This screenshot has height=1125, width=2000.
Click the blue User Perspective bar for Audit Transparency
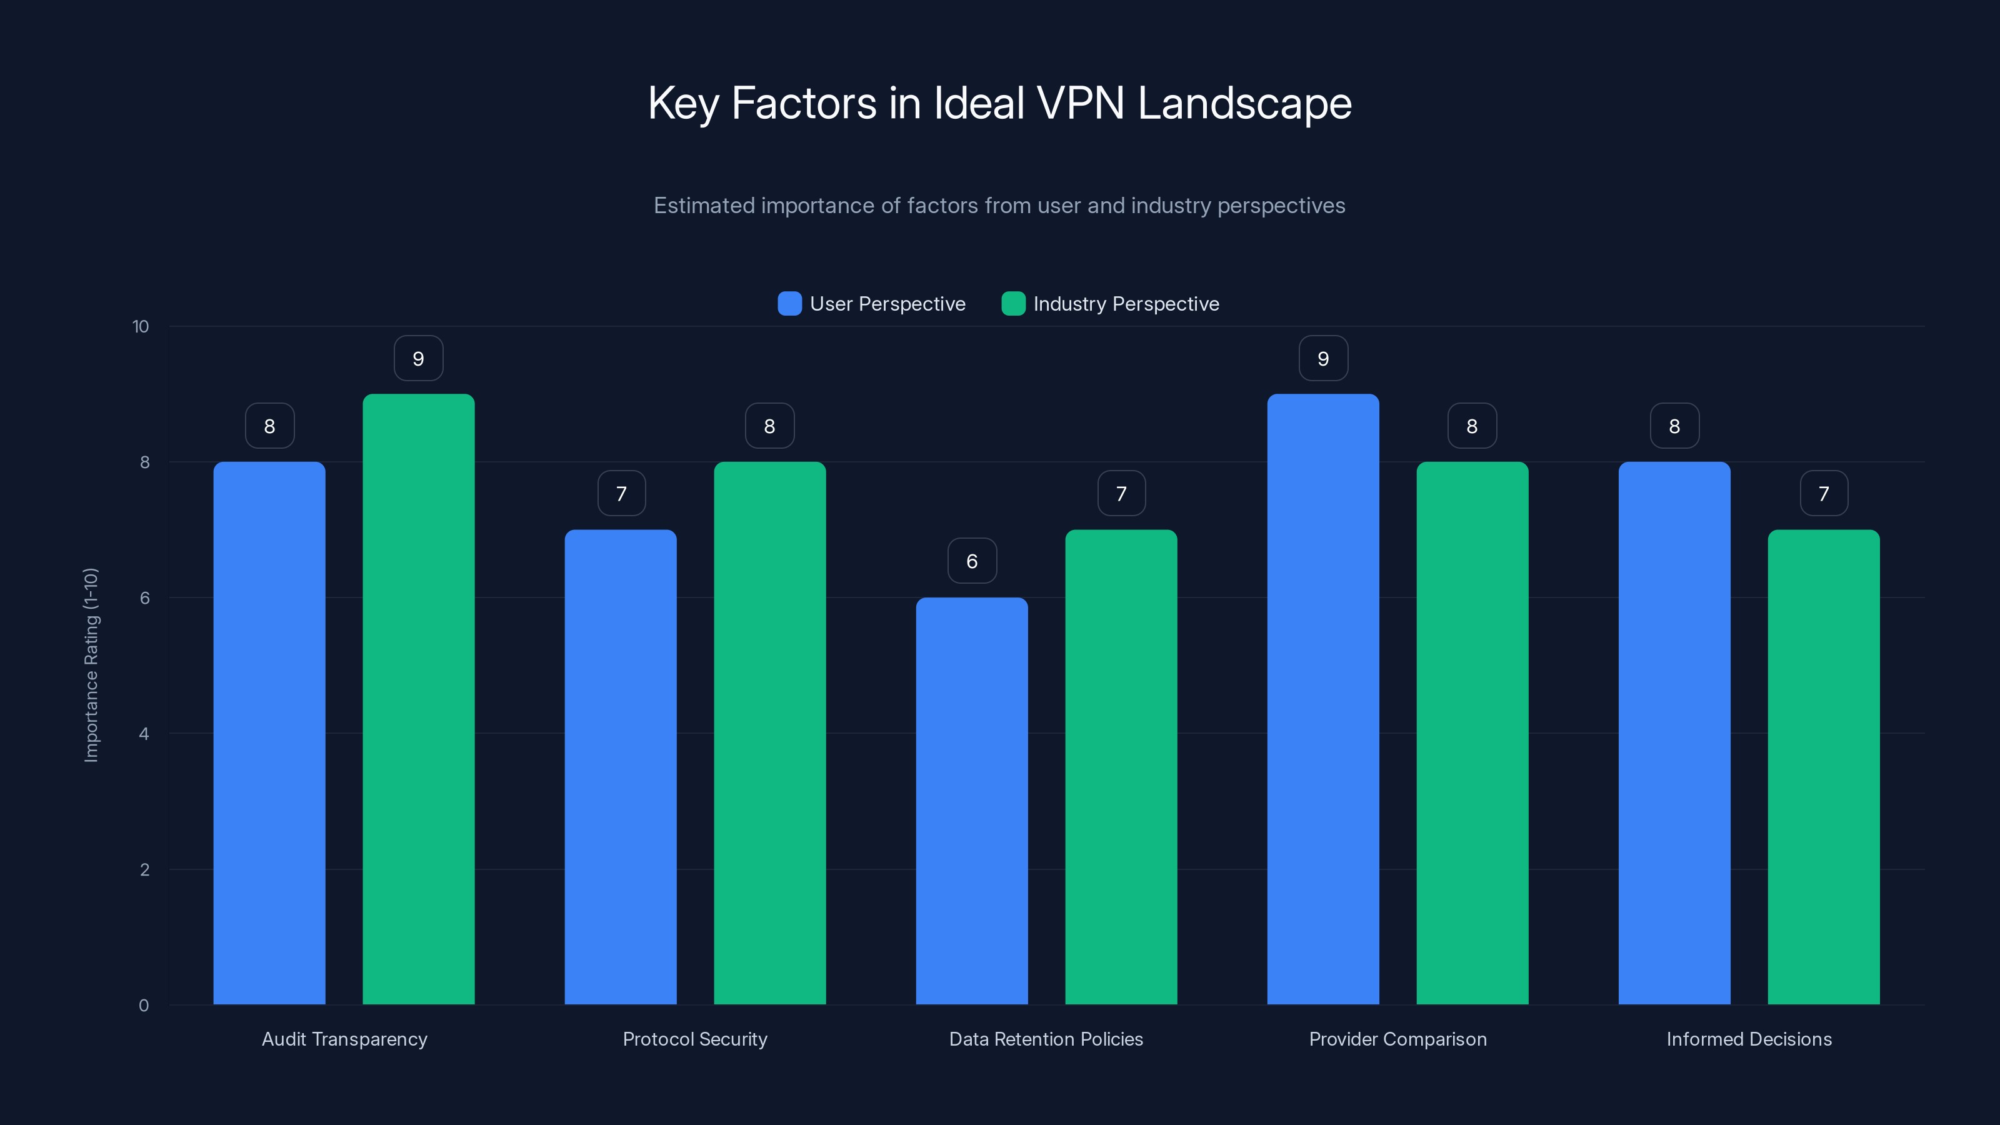click(269, 733)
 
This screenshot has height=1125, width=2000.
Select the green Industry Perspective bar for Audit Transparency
click(419, 699)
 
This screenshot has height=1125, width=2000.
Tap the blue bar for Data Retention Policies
click(971, 801)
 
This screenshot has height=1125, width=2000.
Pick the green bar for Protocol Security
click(769, 733)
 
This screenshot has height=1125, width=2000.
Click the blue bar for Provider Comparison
click(1323, 699)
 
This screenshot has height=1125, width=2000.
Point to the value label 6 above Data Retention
click(972, 561)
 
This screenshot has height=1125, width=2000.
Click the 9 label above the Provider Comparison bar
click(1323, 359)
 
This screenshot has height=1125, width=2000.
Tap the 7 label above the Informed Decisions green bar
click(1824, 494)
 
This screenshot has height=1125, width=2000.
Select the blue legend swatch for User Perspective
click(789, 304)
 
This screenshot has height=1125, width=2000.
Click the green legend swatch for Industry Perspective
click(1013, 304)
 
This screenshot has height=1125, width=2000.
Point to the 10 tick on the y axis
click(141, 326)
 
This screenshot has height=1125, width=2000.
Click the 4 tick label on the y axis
click(144, 734)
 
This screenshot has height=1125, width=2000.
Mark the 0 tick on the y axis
click(144, 1006)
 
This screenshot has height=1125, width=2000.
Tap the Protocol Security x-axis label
click(695, 1039)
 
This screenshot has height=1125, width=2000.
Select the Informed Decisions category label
click(1749, 1039)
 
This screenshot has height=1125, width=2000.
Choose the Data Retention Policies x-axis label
click(1046, 1039)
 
